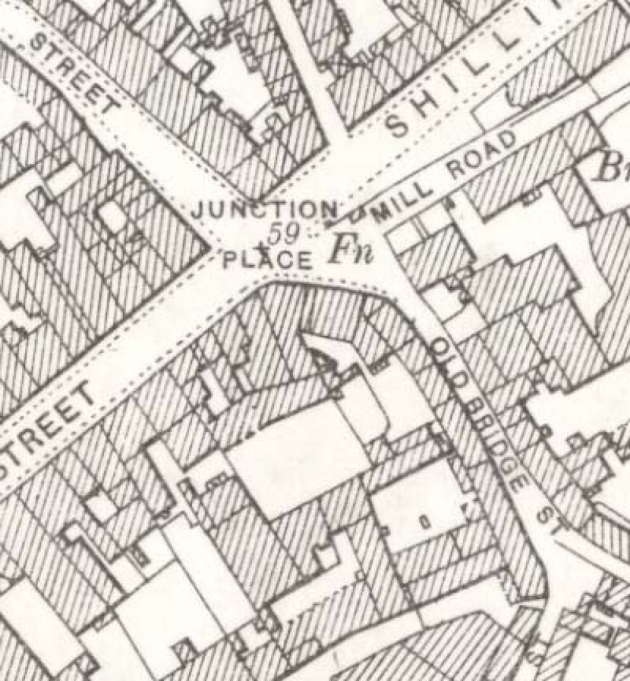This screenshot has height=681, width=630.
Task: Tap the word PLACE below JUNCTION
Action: pos(268,259)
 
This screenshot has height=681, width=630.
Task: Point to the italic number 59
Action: pos(281,234)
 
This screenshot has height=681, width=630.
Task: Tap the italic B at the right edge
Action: pos(610,166)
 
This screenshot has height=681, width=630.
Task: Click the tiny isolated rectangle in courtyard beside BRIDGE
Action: pos(424,521)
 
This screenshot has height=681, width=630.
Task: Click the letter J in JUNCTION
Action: pos(197,210)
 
